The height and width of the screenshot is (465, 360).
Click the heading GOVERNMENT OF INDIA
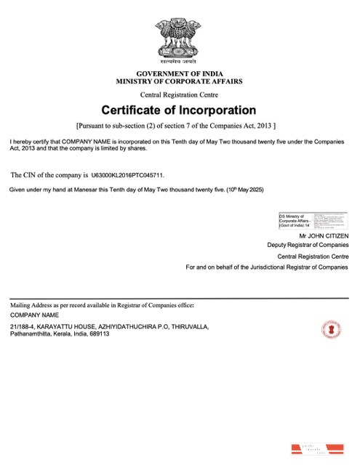[179, 75]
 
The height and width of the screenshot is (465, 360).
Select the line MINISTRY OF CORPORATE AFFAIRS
[179, 83]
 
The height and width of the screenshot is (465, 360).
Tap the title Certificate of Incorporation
[179, 110]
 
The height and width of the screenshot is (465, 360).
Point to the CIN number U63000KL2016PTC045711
[128, 175]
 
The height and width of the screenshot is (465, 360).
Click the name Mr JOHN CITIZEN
[324, 236]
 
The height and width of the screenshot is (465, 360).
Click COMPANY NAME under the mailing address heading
[34, 315]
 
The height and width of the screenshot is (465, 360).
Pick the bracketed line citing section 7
[179, 125]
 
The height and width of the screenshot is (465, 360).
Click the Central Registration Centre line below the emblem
[179, 95]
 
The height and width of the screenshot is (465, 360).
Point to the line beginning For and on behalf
[267, 267]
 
